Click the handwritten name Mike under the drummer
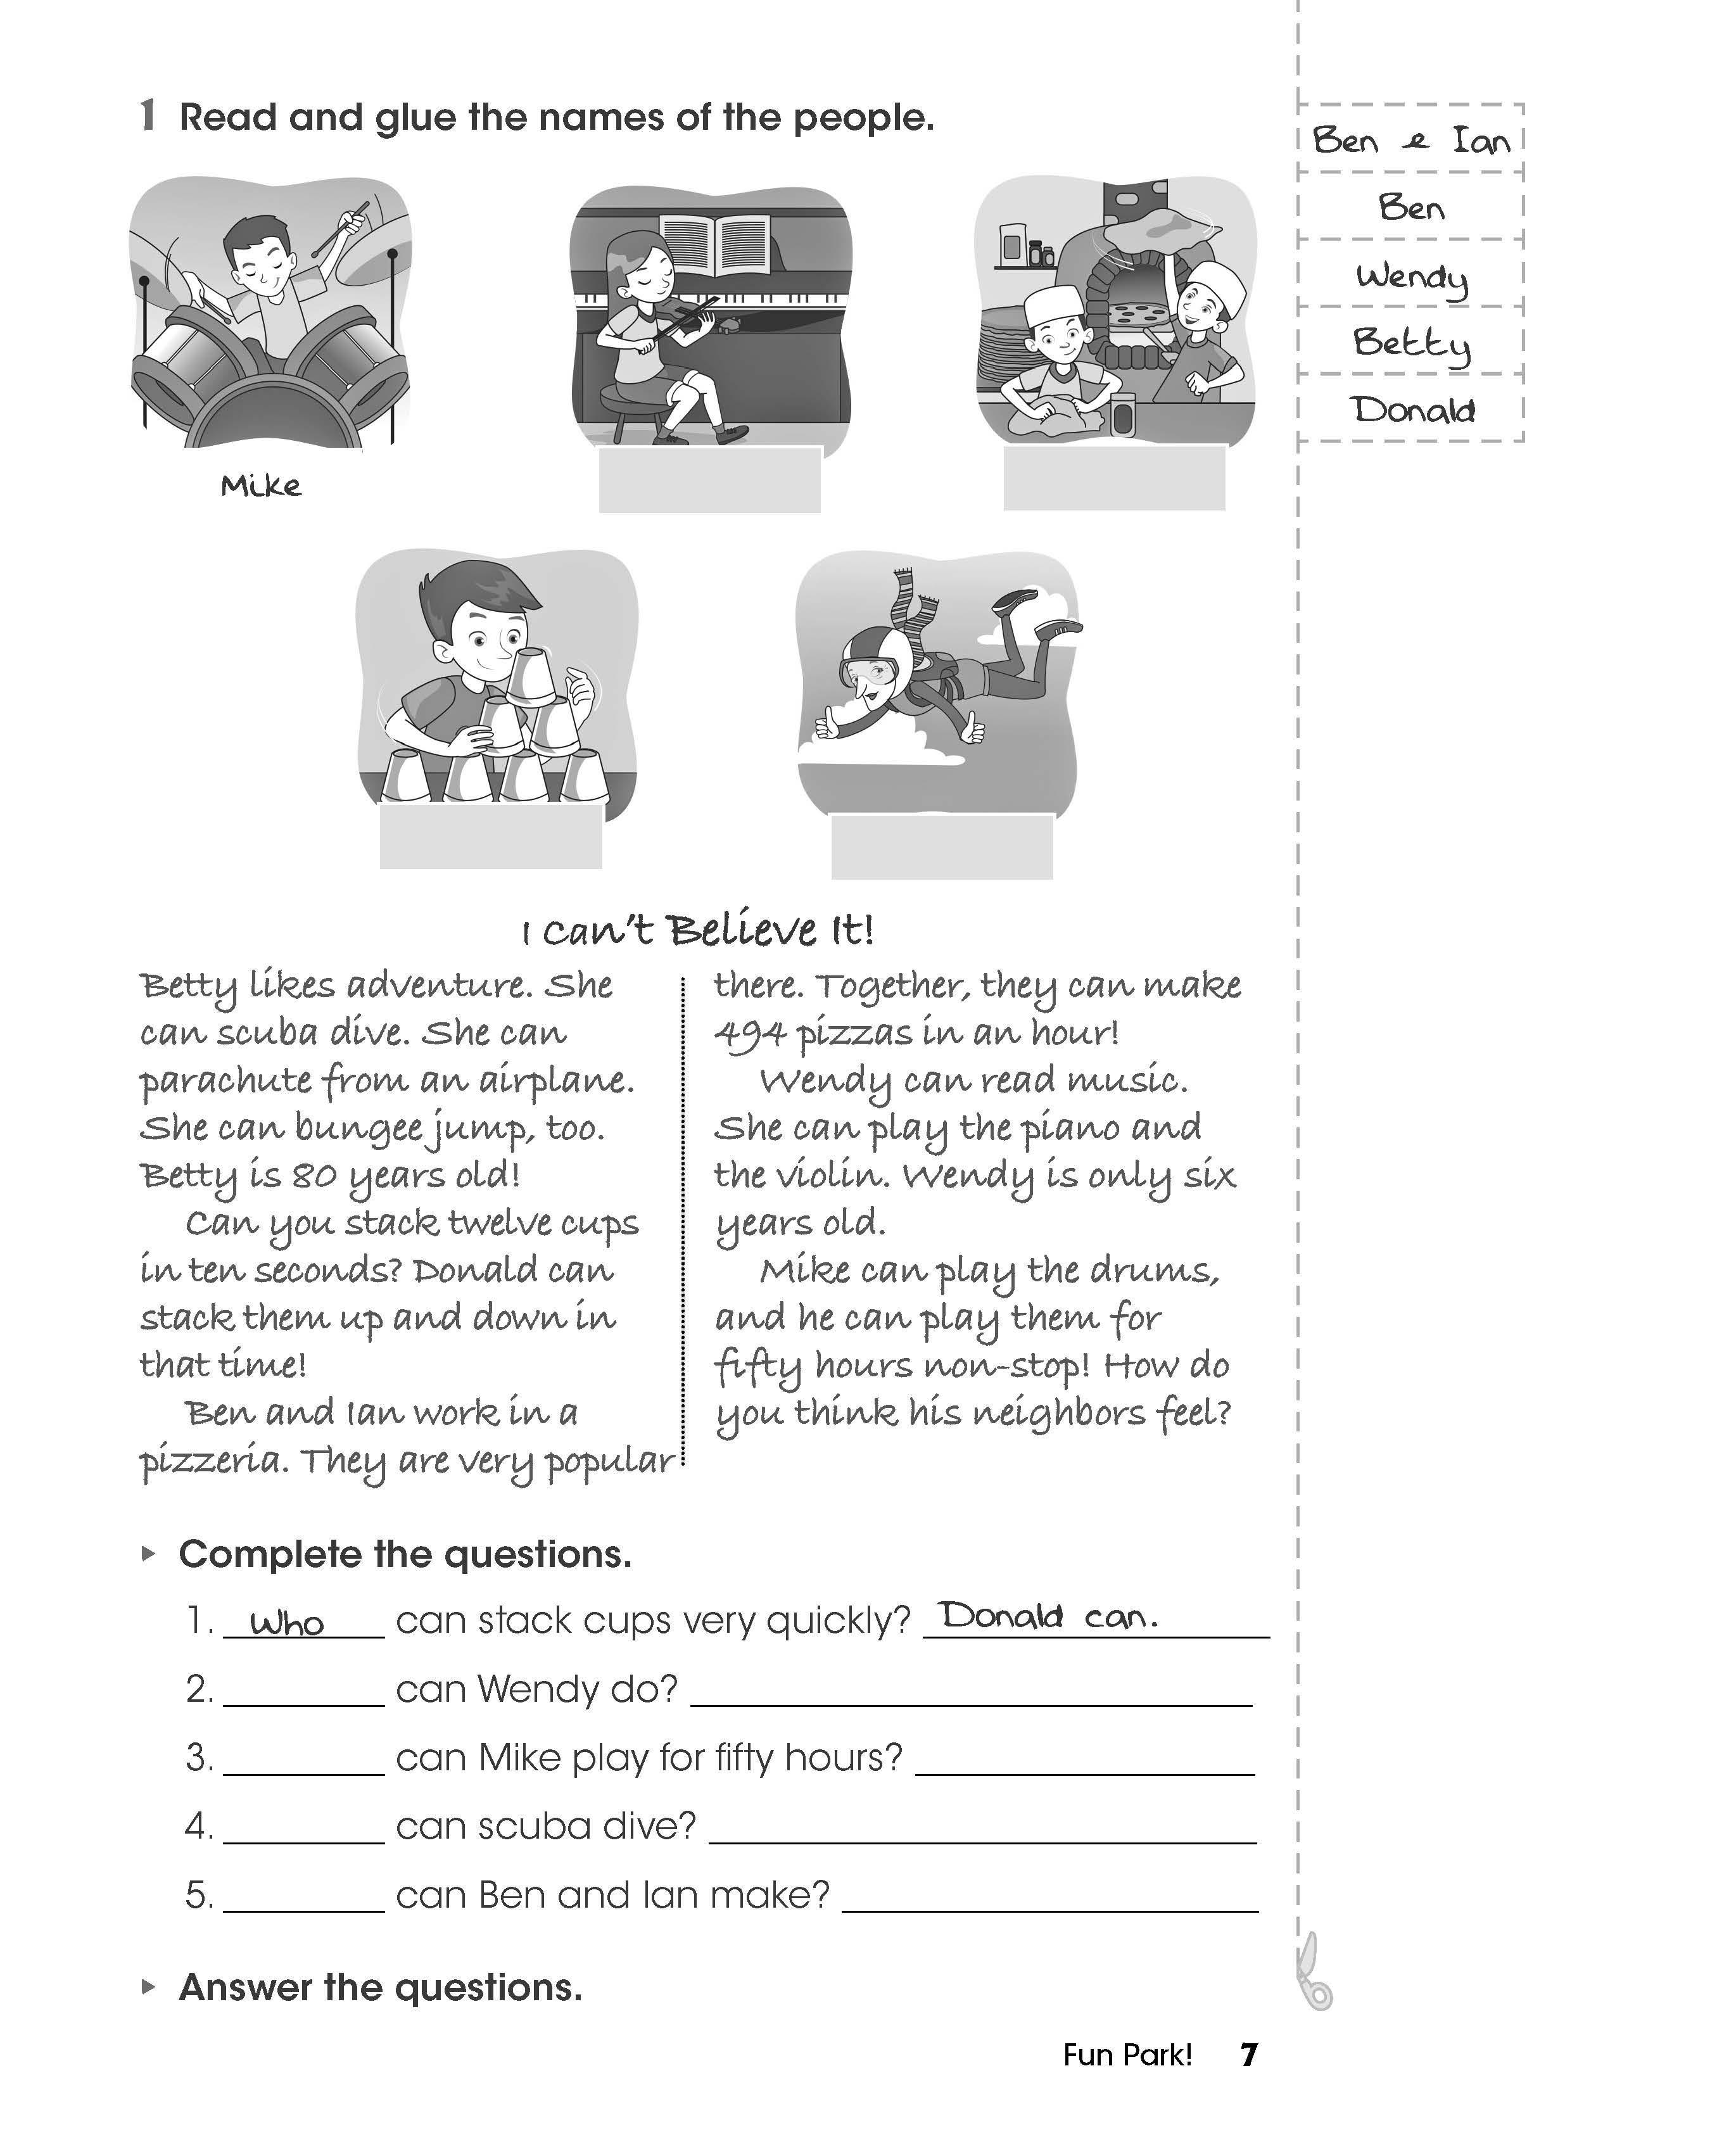click(x=260, y=486)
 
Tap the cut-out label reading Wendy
click(x=1411, y=276)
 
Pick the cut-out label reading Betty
click(x=1411, y=343)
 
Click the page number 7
click(x=1248, y=2054)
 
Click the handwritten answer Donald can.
click(x=1048, y=1616)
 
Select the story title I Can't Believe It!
click(x=697, y=931)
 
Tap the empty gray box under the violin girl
click(x=709, y=481)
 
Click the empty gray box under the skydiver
click(x=942, y=846)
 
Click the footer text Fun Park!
click(x=1127, y=2054)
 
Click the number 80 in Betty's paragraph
click(x=314, y=1176)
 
